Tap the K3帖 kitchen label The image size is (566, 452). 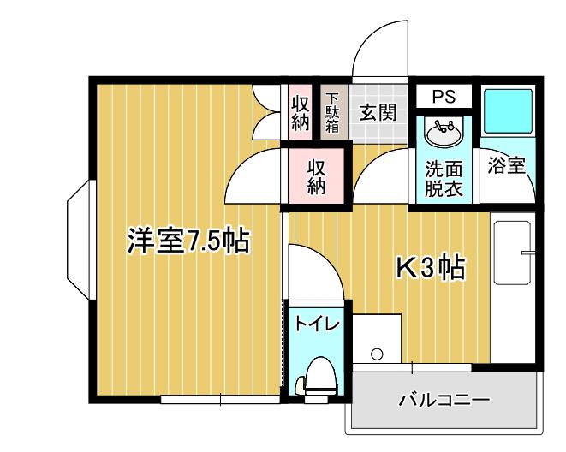pos(430,267)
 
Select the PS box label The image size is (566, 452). pos(444,97)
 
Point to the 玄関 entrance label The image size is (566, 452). pos(378,112)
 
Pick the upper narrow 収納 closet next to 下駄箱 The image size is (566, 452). pos(300,112)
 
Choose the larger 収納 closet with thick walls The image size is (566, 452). pos(316,176)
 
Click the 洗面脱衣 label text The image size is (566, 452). pos(444,179)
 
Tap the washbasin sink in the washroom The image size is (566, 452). pos(444,133)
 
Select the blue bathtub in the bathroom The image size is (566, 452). pos(509,110)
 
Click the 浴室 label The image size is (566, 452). pos(506,165)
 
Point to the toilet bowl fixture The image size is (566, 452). pos(317,378)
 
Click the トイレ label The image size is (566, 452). pos(318,324)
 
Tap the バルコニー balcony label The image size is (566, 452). pos(444,400)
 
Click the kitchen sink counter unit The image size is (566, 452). pos(513,288)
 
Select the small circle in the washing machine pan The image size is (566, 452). pos(377,354)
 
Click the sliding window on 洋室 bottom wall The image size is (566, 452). pos(220,399)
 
